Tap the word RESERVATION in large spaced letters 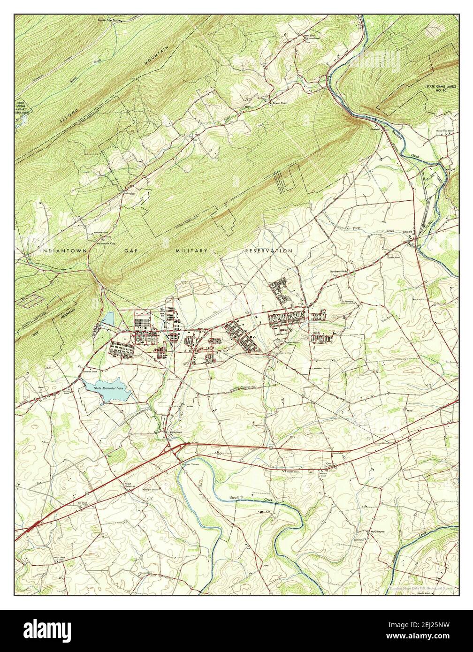click(x=269, y=251)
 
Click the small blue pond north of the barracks click(x=108, y=319)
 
